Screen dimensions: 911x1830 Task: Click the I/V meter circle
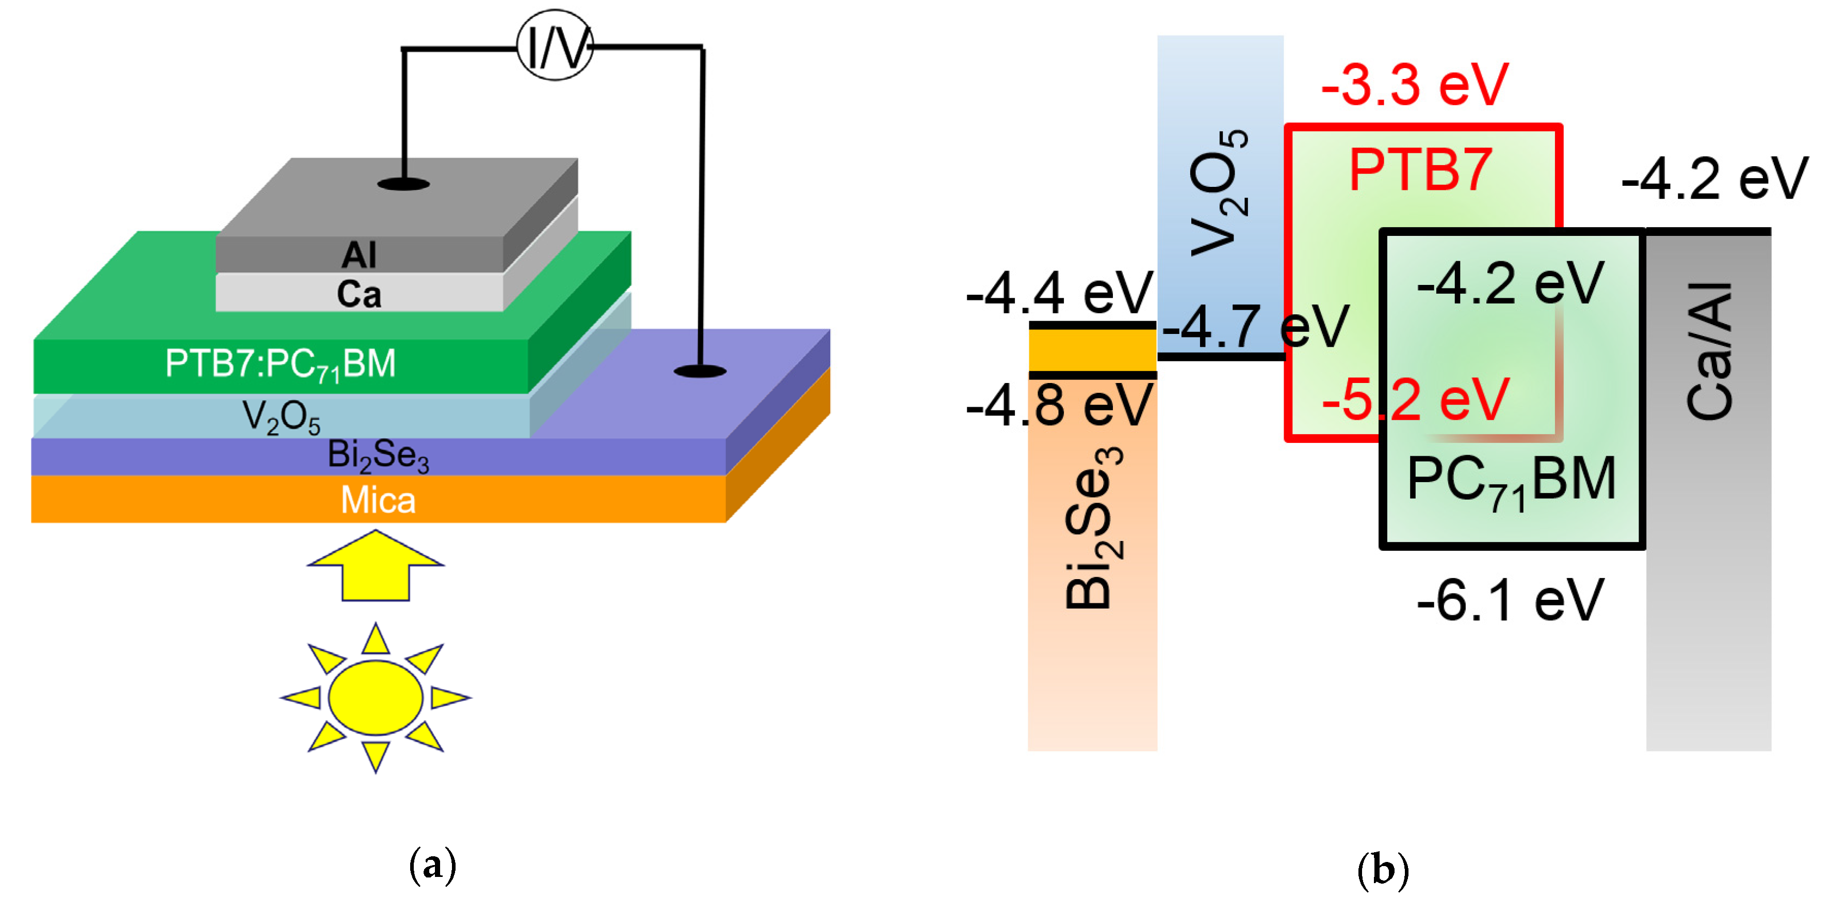click(x=554, y=45)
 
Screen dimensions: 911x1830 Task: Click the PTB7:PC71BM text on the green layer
click(x=281, y=364)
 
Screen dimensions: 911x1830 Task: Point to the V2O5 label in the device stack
click(x=281, y=417)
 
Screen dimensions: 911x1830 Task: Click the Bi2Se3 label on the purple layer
click(x=378, y=455)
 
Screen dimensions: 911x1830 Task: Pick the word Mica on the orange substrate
click(x=378, y=500)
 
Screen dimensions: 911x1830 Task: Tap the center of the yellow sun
click(x=376, y=697)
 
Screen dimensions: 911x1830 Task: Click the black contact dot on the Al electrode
click(x=403, y=185)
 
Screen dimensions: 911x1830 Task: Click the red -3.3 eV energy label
click(x=1414, y=85)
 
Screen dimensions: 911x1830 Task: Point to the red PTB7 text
click(x=1420, y=170)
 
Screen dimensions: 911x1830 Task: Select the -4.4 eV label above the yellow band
click(x=1059, y=293)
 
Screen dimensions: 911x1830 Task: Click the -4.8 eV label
click(x=1059, y=405)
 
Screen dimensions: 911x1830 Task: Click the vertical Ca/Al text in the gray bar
click(x=1709, y=351)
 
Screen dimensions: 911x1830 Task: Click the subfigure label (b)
click(x=1383, y=868)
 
